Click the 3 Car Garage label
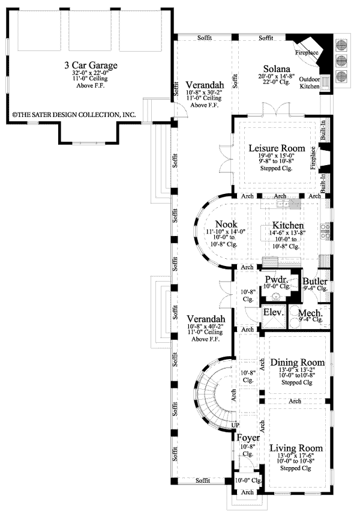point(91,65)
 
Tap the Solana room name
point(276,70)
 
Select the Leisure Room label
point(277,148)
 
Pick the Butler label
point(314,281)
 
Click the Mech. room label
point(311,313)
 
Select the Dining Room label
point(298,363)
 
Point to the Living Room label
point(296,449)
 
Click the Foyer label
point(248,438)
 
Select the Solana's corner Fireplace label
point(306,52)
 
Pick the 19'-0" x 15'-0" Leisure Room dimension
point(277,156)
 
